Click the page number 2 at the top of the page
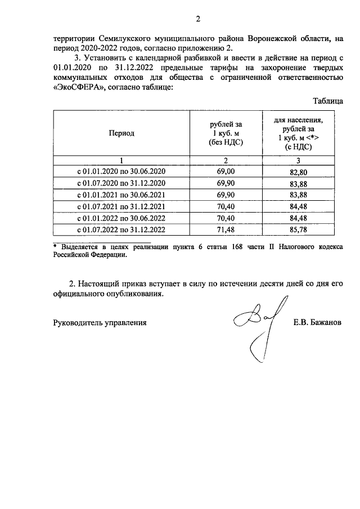197,21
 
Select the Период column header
122,133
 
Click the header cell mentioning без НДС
224,133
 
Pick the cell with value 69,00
224,171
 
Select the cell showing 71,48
224,230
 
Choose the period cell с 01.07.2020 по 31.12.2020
122,183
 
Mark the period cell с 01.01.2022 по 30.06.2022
122,218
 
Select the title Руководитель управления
100,323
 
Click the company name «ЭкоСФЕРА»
80,88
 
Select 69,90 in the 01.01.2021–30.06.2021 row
224,195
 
